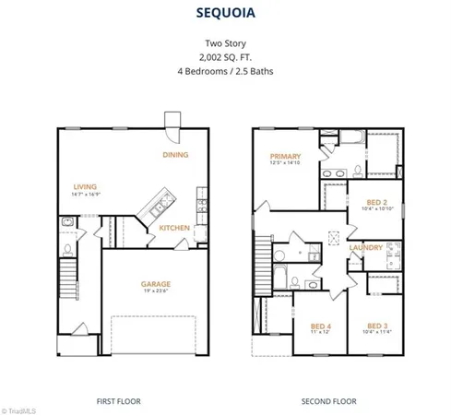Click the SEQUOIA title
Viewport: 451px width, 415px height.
225,14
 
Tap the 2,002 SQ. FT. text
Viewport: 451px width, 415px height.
225,56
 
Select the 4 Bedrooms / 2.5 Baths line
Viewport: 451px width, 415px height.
225,71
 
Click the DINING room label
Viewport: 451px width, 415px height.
175,155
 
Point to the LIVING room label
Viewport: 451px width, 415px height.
85,186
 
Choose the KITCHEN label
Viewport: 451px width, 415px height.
174,228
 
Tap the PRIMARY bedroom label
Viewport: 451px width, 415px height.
285,157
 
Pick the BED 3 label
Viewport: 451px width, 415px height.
377,326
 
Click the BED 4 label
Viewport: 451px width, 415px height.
320,326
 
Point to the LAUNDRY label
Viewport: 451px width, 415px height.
365,247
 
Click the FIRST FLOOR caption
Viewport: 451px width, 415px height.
119,401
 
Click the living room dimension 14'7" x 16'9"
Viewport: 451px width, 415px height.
85,195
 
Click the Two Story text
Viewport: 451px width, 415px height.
225,42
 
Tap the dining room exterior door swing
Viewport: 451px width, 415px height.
172,121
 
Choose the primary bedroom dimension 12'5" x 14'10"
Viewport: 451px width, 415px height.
285,165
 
